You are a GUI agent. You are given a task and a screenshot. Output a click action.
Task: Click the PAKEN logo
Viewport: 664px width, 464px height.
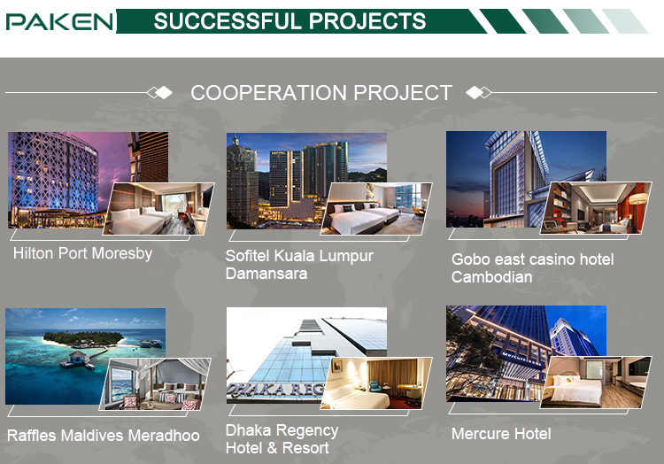[59, 21]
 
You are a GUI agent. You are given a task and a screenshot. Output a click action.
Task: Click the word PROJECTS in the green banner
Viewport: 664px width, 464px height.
[367, 21]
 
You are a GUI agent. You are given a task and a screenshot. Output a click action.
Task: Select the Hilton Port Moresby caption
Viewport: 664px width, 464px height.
[82, 253]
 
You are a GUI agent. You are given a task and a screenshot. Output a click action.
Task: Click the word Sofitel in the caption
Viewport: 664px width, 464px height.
[247, 256]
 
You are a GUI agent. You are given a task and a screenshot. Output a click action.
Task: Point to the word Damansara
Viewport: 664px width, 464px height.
[266, 274]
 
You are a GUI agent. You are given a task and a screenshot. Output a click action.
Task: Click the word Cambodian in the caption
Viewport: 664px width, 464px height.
[491, 277]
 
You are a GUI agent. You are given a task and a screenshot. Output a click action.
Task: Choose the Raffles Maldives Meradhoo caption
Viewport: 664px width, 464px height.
[104, 435]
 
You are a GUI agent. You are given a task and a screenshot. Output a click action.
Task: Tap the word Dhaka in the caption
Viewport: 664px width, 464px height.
[248, 430]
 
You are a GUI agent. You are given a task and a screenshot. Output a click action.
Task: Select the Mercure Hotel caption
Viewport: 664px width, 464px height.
[501, 434]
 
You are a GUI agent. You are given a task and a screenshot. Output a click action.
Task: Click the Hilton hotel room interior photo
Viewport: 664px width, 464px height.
[158, 209]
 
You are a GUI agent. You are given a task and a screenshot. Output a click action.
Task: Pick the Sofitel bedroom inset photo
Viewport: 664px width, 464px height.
[376, 209]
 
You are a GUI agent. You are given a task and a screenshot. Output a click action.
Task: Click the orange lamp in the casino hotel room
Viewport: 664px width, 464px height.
[639, 198]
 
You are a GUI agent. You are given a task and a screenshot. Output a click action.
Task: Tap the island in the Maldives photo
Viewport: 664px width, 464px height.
[83, 338]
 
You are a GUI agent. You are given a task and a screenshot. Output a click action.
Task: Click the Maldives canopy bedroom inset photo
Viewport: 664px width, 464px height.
[155, 384]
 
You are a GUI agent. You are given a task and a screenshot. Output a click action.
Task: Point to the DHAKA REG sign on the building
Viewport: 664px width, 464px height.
[275, 390]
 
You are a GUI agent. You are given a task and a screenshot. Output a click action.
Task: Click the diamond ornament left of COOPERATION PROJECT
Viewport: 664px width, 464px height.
[159, 92]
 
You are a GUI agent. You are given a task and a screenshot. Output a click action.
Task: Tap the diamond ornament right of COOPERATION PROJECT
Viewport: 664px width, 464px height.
[478, 92]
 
